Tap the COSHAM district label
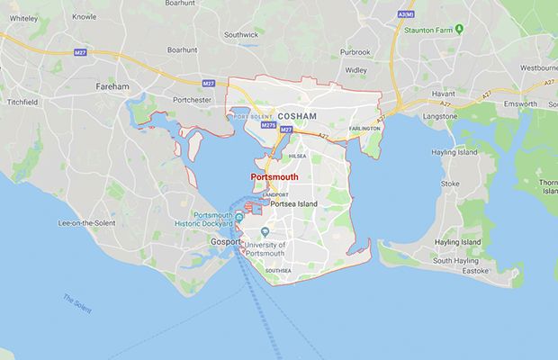coord(298,116)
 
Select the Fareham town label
coord(113,86)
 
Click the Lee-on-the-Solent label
coord(90,222)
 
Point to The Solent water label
coord(77,302)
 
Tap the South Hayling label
coord(454,261)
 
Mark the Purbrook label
coord(355,51)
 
